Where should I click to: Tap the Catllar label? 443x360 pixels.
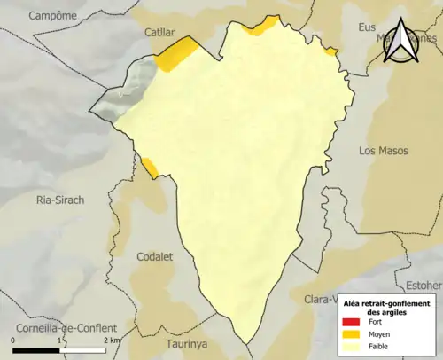pyautogui.click(x=160, y=32)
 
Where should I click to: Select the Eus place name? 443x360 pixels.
pyautogui.click(x=366, y=27)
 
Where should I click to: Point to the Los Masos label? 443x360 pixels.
pyautogui.click(x=384, y=151)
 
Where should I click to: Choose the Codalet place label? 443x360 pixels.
pyautogui.click(x=155, y=256)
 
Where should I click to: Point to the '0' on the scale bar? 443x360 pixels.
pyautogui.click(x=13, y=340)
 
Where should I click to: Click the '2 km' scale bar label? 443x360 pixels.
pyautogui.click(x=112, y=340)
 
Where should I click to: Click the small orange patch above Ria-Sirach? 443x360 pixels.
pyautogui.click(x=149, y=166)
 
